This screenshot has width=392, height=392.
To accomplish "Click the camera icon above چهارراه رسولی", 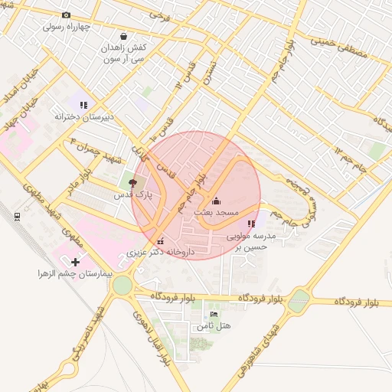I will click(66, 15).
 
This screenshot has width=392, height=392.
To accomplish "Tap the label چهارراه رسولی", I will click(66, 26).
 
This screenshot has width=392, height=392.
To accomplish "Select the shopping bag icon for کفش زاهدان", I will click(123, 35).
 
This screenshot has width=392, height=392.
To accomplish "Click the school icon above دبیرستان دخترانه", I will click(83, 105).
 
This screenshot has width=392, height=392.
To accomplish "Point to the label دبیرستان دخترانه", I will click(83, 116).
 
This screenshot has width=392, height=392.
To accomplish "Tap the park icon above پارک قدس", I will click(134, 184).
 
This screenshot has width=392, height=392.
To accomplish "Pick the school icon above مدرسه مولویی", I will click(251, 224).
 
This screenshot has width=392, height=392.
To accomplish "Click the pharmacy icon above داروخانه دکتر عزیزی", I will click(160, 242).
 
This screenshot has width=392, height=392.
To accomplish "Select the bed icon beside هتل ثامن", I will click(214, 315).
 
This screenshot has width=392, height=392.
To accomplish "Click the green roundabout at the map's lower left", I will click(122, 286).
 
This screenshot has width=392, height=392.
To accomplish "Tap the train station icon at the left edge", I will click(17, 216).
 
